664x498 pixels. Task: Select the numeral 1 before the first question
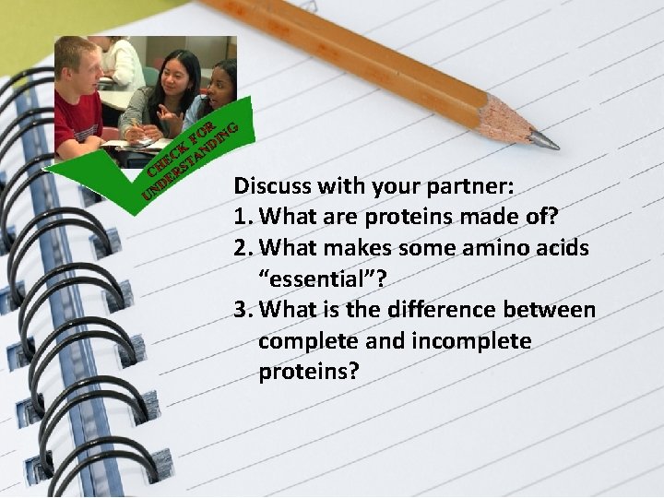pyautogui.click(x=240, y=216)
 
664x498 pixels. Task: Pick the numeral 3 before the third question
pyautogui.click(x=240, y=310)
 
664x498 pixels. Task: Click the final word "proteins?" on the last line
pyautogui.click(x=308, y=372)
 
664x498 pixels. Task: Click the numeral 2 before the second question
pyautogui.click(x=240, y=247)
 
